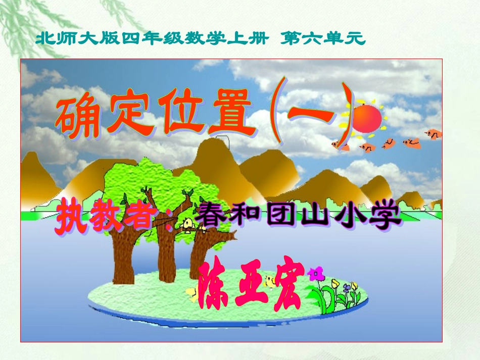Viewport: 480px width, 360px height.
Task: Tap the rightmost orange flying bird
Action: [x=433, y=134]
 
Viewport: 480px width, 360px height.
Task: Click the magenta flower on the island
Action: [x=315, y=274]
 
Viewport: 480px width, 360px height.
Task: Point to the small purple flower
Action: [x=347, y=288]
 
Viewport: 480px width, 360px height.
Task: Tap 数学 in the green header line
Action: [x=202, y=38]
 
